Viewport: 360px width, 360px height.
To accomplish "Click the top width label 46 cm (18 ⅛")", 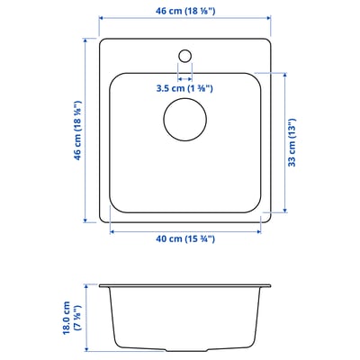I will click(184, 12).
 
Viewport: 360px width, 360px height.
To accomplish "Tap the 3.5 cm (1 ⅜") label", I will click(184, 87).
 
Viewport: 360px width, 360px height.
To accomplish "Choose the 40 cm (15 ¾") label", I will click(184, 240).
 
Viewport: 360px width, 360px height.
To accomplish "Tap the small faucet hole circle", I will click(184, 56).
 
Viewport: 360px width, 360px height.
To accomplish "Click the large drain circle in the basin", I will click(185, 120).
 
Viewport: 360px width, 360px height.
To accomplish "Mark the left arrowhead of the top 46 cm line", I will click(100, 20).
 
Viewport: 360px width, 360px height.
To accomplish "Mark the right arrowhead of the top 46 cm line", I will click(269, 20).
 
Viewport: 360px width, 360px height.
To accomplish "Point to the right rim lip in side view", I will click(265, 284).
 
